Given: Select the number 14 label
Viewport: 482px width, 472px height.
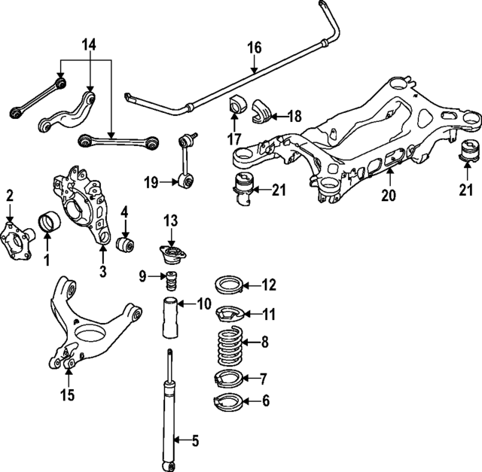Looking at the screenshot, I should click(89, 46).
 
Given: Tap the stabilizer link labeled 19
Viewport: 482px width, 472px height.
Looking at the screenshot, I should click(186, 160).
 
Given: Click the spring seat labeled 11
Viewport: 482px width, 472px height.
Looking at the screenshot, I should click(227, 312).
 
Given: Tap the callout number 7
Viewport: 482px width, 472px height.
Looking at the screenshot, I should click(264, 377).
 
